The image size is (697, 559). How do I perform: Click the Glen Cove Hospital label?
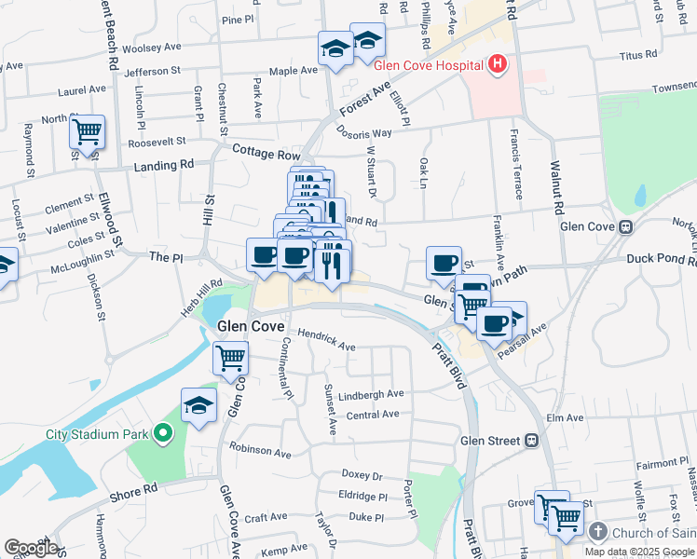(x=428, y=65)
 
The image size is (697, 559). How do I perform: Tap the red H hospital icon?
(x=499, y=64)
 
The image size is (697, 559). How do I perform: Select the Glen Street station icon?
(x=531, y=440)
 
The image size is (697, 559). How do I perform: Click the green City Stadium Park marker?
(x=163, y=433)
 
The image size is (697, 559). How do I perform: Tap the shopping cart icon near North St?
(x=87, y=132)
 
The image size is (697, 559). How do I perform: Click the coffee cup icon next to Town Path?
(x=444, y=263)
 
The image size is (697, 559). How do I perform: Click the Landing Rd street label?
(x=163, y=164)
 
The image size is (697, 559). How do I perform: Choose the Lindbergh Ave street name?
(x=371, y=394)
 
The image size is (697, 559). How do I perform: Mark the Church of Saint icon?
(x=597, y=532)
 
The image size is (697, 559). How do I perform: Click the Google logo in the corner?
(x=31, y=548)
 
